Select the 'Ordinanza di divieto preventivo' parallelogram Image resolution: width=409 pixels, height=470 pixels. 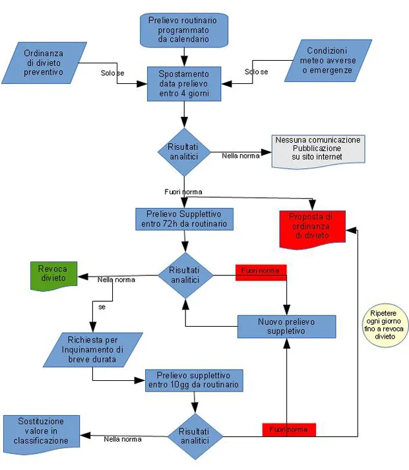click(44, 63)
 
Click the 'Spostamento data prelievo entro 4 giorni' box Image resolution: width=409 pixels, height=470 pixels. click(184, 83)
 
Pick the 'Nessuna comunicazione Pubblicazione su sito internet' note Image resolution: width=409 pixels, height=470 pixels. click(318, 151)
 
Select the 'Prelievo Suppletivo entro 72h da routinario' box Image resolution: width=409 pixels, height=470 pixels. click(184, 219)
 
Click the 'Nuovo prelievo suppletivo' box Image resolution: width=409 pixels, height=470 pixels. click(286, 326)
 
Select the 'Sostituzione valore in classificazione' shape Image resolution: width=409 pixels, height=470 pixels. click(41, 434)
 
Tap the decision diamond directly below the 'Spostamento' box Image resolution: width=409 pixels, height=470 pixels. click(183, 151)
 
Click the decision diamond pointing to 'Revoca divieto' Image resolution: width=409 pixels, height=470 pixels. click(184, 275)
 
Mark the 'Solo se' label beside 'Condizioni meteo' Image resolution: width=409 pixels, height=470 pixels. click(256, 71)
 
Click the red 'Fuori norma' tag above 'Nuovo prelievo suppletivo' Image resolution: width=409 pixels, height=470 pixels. click(259, 271)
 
